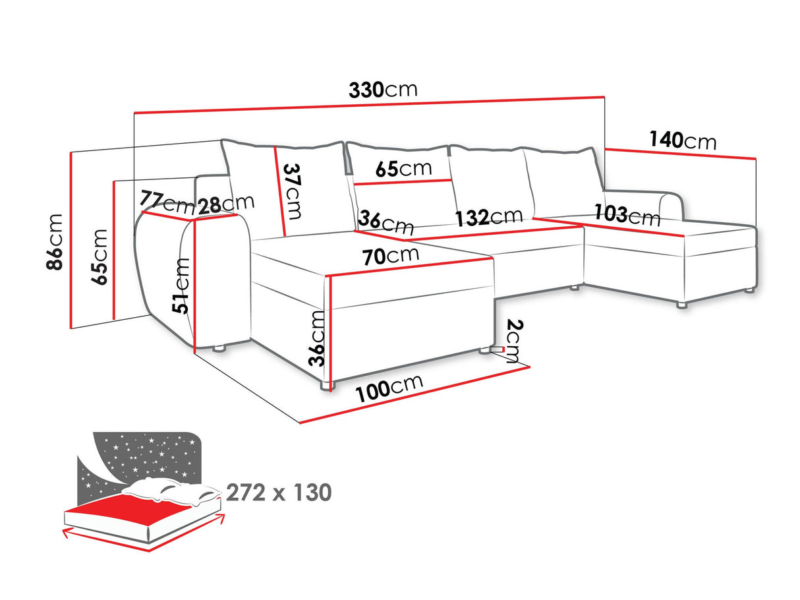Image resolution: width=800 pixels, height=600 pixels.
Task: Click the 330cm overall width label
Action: (383, 90)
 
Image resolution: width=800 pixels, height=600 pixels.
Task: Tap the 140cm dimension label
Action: (683, 140)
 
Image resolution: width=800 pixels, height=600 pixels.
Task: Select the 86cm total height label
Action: (55, 242)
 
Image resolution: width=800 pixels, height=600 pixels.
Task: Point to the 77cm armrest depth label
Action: (167, 202)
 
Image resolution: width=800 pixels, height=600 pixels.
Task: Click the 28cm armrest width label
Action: (226, 205)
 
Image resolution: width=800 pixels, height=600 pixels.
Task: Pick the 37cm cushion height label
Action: (293, 191)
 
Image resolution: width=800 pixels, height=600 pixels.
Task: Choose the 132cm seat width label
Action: (489, 216)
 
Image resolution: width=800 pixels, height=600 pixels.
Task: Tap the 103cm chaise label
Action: (627, 215)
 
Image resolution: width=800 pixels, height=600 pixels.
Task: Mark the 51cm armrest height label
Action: (181, 285)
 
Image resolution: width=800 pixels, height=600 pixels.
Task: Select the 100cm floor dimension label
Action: (389, 389)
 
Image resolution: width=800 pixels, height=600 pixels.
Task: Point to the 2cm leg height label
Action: (514, 341)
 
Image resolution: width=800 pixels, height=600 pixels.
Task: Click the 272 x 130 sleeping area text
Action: (279, 493)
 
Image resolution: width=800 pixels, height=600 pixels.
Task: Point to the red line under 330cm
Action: (369, 105)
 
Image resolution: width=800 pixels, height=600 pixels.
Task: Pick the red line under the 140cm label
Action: (680, 154)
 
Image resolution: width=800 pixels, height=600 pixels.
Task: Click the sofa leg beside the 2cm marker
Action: (485, 350)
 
